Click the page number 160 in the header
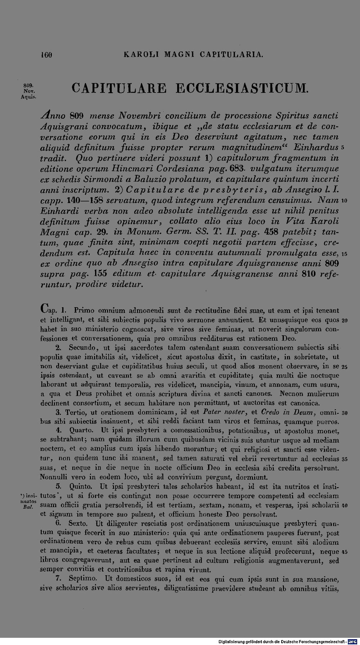pyautogui.click(x=47, y=55)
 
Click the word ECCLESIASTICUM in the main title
pyautogui.click(x=241, y=89)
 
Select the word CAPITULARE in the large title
pyautogui.click(x=119, y=89)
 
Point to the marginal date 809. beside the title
pyautogui.click(x=29, y=85)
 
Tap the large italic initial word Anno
pyautogui.click(x=54, y=116)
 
